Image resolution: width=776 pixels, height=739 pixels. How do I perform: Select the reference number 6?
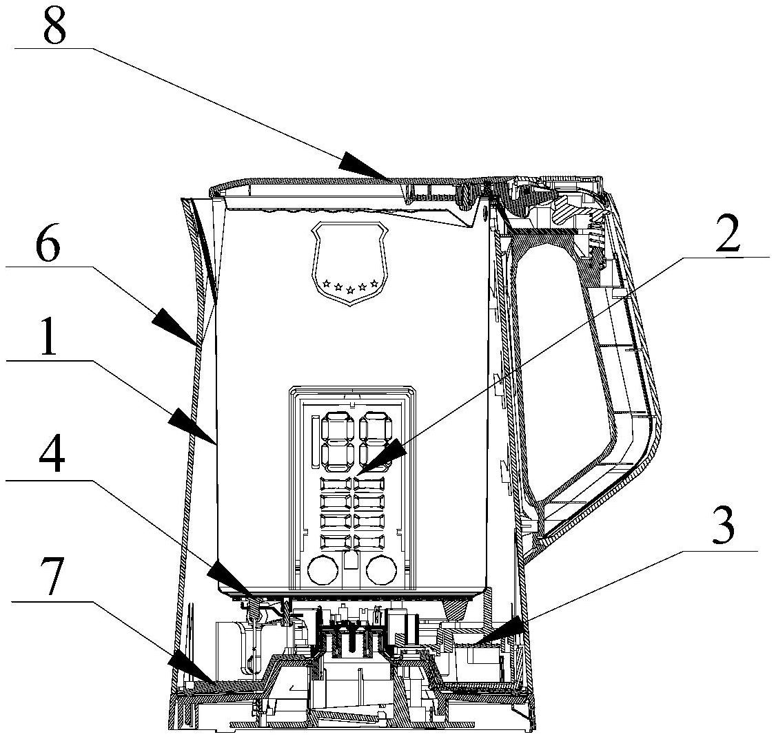coord(48,241)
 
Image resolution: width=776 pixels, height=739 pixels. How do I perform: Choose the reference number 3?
coord(722,526)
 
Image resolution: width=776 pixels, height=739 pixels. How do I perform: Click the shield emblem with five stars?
coord(349,262)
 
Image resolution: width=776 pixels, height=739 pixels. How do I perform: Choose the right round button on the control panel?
coord(382,570)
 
